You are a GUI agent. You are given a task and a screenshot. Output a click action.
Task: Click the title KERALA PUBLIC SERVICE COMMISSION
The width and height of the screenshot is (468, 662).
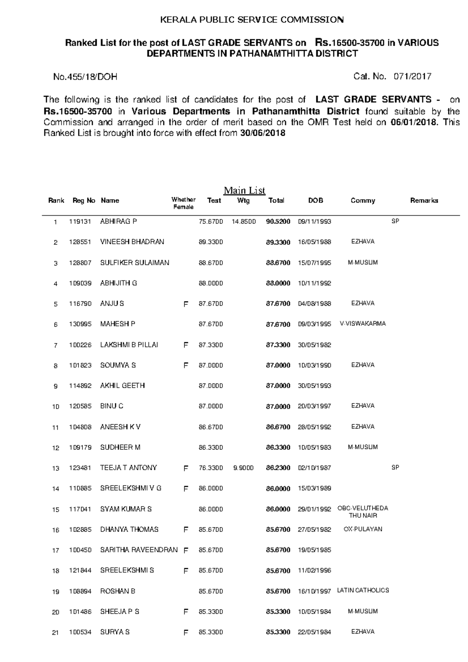pyautogui.click(x=252, y=20)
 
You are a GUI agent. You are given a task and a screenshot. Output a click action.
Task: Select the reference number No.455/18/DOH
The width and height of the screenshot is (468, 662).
pyautogui.click(x=85, y=77)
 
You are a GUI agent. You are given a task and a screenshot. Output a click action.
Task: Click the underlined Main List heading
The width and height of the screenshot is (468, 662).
pyautogui.click(x=244, y=190)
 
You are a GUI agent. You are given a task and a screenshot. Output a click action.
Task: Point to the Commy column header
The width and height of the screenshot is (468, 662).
pyautogui.click(x=363, y=200)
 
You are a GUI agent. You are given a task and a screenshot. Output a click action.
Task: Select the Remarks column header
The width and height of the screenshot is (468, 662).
pyautogui.click(x=424, y=200)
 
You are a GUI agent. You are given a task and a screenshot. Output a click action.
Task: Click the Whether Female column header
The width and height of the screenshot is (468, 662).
pyautogui.click(x=183, y=203)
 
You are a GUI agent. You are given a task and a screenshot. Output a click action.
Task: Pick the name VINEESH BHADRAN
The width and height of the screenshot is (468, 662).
pyautogui.click(x=132, y=242)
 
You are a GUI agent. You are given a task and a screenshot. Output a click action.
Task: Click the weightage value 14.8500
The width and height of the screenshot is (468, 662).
pyautogui.click(x=243, y=221)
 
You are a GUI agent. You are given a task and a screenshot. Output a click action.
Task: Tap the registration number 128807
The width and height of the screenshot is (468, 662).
pyautogui.click(x=80, y=263)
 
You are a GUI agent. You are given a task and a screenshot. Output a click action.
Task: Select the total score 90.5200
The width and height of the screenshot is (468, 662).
pyautogui.click(x=278, y=221)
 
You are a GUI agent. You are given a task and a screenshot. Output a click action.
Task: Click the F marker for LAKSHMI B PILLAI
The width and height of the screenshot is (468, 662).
pyautogui.click(x=186, y=345)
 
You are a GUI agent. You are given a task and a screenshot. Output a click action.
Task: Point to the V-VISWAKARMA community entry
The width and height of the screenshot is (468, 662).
pyautogui.click(x=363, y=324)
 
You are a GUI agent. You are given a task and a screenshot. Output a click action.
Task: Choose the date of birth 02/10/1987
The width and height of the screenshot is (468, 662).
pyautogui.click(x=314, y=468)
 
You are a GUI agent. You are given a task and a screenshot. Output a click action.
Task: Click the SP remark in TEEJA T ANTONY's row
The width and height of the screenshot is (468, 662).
pyautogui.click(x=395, y=467)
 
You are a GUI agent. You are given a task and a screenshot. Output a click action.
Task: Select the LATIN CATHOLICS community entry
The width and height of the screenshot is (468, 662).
pyautogui.click(x=363, y=590)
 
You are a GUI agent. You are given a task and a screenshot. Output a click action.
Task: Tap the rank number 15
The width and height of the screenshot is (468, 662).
pyautogui.click(x=56, y=510)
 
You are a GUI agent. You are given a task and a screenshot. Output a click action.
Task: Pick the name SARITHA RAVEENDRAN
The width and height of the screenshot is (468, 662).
pyautogui.click(x=139, y=550)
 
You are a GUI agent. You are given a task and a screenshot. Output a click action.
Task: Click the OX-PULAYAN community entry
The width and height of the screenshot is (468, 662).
pyautogui.click(x=363, y=529)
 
